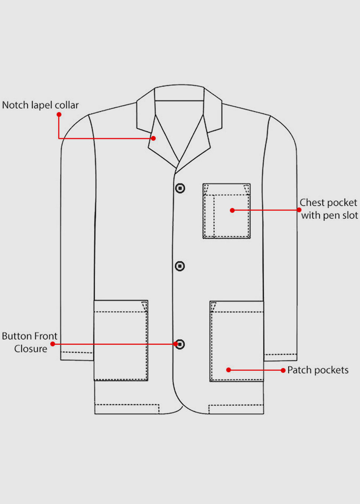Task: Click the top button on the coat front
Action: (x=180, y=188)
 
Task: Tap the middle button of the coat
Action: (x=180, y=266)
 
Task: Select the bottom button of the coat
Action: (x=180, y=344)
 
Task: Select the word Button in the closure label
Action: (x=15, y=336)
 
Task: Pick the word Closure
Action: (x=31, y=349)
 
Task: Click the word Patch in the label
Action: (x=298, y=370)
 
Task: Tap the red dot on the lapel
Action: (x=153, y=138)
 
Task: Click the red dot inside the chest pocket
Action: (x=232, y=210)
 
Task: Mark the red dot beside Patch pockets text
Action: (x=283, y=370)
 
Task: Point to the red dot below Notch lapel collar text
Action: (x=59, y=115)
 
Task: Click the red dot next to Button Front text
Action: (x=53, y=344)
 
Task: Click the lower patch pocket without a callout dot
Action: (x=121, y=340)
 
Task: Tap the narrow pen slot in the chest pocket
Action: (x=209, y=216)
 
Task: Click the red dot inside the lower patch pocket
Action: (x=229, y=370)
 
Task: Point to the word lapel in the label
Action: (x=41, y=105)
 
